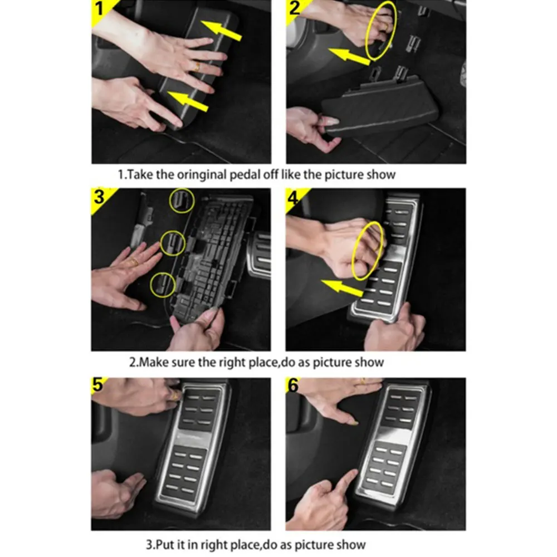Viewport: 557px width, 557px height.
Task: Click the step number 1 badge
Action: pos(99,8)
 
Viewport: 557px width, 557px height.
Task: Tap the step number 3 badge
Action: pos(99,197)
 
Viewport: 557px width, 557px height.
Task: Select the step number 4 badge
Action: pos(294,197)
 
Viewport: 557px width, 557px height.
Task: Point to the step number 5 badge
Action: pos(97,384)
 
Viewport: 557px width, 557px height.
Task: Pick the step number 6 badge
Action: pos(293,385)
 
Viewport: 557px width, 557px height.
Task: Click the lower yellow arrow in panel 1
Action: pos(187,101)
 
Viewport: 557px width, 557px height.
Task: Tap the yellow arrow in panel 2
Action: pos(349,57)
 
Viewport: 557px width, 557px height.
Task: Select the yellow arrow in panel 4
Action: pos(342,287)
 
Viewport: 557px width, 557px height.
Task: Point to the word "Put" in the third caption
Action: pos(164,545)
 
